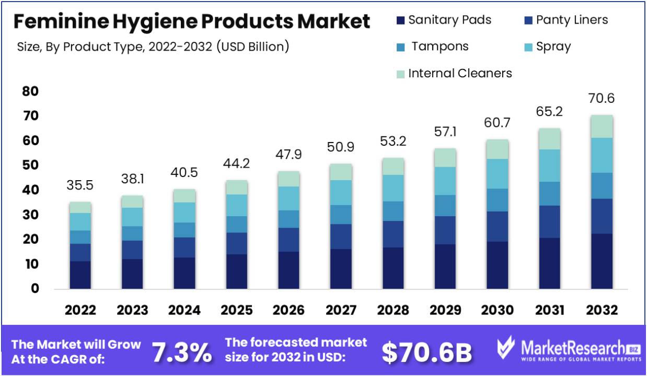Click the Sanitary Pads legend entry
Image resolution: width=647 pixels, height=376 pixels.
(444, 20)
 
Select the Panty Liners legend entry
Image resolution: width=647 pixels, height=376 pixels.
(565, 20)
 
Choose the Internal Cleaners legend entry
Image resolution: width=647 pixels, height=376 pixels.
(454, 73)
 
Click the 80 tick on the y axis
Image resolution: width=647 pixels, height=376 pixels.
(31, 91)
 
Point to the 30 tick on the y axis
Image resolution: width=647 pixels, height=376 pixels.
(31, 215)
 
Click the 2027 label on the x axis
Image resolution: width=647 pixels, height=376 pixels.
(341, 310)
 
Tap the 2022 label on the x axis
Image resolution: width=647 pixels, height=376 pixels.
(80, 310)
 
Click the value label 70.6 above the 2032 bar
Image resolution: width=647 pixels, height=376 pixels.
(601, 98)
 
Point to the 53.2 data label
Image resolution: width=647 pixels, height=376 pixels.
(393, 142)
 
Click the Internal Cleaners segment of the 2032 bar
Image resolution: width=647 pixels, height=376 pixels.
(602, 126)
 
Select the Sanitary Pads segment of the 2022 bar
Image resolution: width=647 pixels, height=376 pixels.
(80, 275)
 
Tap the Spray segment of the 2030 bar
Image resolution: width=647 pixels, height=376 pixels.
(497, 173)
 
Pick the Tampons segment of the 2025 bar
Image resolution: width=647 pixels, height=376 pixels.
(237, 224)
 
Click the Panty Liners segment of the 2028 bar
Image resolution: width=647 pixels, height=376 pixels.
(393, 234)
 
